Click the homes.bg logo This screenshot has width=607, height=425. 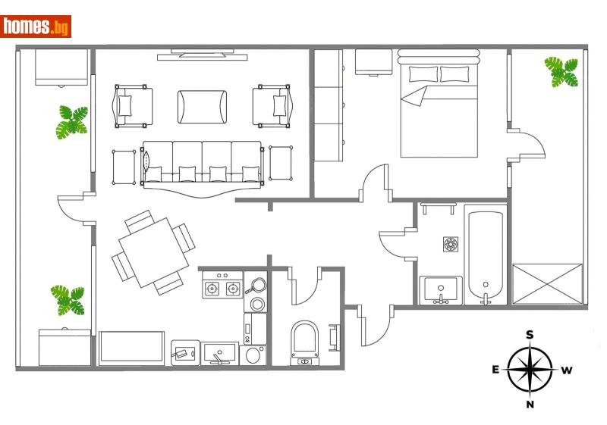(36, 27)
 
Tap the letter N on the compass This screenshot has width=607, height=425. (530, 405)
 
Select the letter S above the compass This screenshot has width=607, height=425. (530, 335)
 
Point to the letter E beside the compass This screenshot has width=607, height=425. (495, 370)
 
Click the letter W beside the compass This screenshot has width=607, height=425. (566, 370)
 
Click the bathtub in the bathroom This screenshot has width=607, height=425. (486, 256)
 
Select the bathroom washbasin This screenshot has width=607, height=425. (440, 289)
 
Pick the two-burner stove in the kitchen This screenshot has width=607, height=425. (222, 288)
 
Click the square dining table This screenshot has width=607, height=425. (154, 252)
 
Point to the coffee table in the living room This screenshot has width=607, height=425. (202, 106)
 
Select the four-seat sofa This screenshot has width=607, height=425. (202, 163)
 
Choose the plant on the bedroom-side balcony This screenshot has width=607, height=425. (561, 72)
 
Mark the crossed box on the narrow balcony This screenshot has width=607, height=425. (547, 283)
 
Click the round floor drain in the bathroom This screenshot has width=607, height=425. (451, 244)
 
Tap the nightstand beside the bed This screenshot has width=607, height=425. (373, 62)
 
